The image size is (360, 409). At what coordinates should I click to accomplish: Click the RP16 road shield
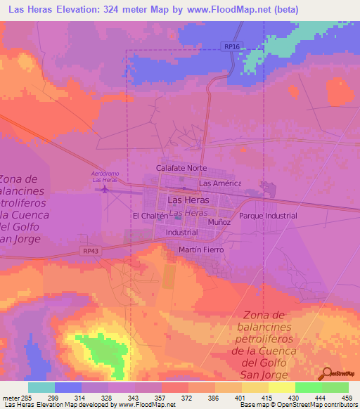click(x=233, y=46)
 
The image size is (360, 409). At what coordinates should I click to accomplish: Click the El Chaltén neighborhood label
click(x=148, y=216)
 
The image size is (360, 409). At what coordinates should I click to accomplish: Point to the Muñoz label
click(x=219, y=221)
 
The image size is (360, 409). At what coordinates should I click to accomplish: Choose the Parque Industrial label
click(x=268, y=216)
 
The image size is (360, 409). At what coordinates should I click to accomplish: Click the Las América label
click(x=220, y=183)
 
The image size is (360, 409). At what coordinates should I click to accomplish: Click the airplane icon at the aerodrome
click(x=105, y=188)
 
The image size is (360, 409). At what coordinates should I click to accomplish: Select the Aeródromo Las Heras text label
click(x=105, y=176)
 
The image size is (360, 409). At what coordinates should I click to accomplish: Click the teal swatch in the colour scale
click(x=41, y=387)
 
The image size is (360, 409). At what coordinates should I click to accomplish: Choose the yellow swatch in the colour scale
click(x=281, y=387)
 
